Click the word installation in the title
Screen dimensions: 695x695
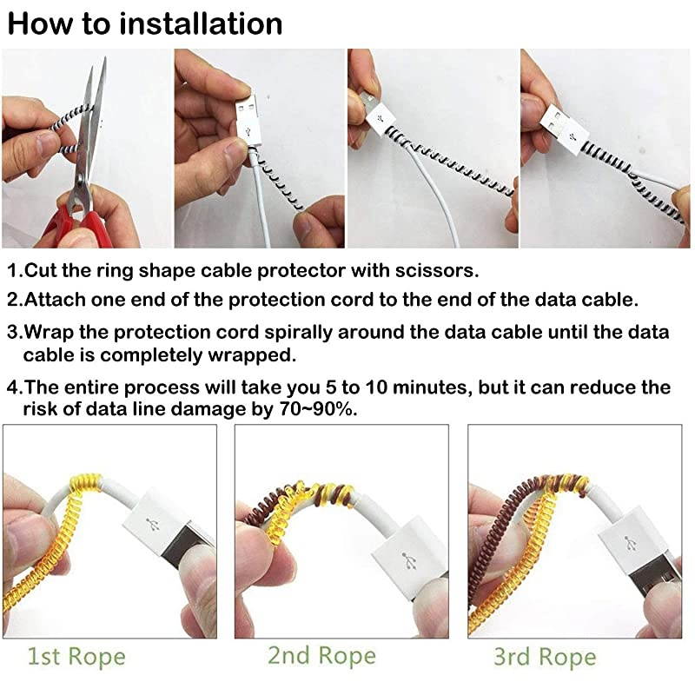[x=201, y=23]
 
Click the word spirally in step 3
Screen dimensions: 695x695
[x=292, y=332]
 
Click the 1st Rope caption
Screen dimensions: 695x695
[x=76, y=657]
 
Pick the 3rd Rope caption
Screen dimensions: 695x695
[x=545, y=657]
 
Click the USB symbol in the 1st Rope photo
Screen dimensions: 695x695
[x=155, y=526]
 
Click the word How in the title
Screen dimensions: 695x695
[x=36, y=23]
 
